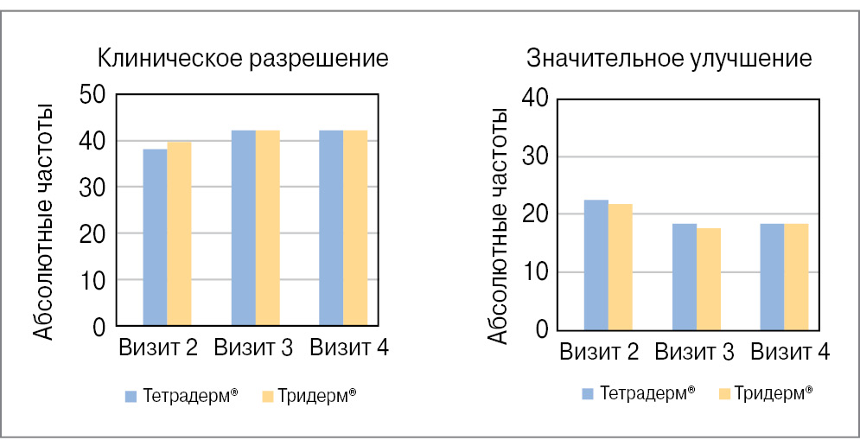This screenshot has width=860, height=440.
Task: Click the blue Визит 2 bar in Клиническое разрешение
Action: [155, 238]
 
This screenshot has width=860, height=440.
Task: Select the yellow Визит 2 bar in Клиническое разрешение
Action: [179, 233]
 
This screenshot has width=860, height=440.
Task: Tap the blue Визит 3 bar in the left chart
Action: [243, 228]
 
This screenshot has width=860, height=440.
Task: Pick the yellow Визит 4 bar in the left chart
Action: [355, 228]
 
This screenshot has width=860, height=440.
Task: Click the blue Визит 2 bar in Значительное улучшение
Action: [596, 265]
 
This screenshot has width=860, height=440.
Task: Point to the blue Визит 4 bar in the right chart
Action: [772, 277]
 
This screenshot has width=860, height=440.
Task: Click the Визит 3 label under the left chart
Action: [253, 348]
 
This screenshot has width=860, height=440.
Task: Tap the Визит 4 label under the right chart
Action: [790, 352]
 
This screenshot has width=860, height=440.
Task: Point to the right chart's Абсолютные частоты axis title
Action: [499, 225]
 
